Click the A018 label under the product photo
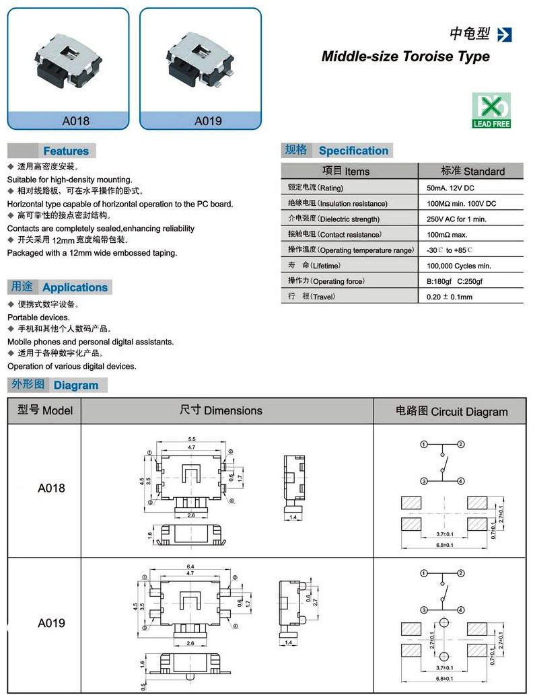75,121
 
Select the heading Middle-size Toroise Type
405,57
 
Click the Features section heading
66,151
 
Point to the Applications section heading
75,287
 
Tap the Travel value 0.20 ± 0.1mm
450,297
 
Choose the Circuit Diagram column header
451,411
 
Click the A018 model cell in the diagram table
51,488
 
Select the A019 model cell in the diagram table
51,623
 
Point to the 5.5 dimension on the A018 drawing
192,439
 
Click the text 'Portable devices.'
38,317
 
